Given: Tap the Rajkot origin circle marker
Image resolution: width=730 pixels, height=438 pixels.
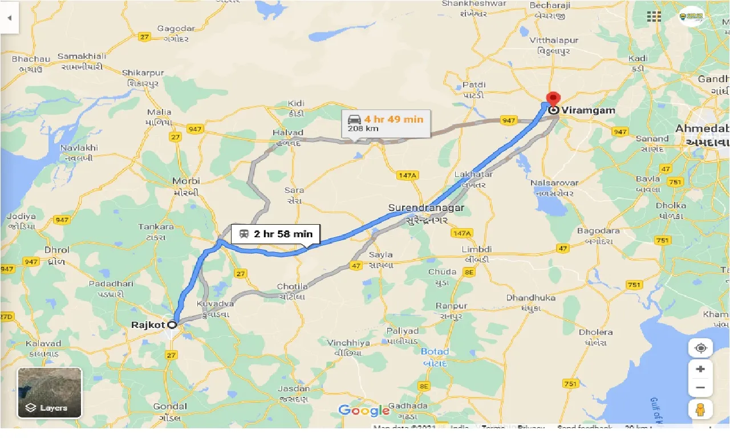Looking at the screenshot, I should tap(172, 325).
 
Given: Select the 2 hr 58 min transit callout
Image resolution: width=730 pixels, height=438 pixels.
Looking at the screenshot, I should tap(276, 234).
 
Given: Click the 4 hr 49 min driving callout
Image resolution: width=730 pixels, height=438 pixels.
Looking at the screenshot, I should tap(386, 123).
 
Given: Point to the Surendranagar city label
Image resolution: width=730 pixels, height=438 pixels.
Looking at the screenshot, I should tap(426, 208).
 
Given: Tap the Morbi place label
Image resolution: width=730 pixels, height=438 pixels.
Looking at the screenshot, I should tap(186, 181).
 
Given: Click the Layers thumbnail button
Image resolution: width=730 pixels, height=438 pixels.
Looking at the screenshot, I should tap(50, 392).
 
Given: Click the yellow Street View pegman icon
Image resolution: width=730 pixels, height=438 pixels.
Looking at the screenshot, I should tap(700, 409).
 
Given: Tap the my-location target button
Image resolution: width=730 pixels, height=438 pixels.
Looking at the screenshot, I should tap(700, 347).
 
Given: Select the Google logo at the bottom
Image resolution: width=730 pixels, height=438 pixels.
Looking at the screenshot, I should tap(364, 410).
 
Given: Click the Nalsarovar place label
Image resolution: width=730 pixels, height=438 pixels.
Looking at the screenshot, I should tap(554, 183).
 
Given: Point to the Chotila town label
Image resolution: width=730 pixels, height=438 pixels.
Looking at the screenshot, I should tap(292, 286).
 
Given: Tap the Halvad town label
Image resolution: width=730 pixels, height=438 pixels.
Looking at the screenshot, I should tap(287, 132).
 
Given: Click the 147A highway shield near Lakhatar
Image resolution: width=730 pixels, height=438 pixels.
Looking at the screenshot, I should tap(408, 176).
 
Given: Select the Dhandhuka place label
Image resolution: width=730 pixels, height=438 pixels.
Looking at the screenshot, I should tap(530, 298).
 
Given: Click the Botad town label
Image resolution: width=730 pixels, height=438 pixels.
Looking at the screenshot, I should tap(435, 351).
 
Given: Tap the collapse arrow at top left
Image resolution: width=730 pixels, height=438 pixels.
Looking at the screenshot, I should tap(9, 17).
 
